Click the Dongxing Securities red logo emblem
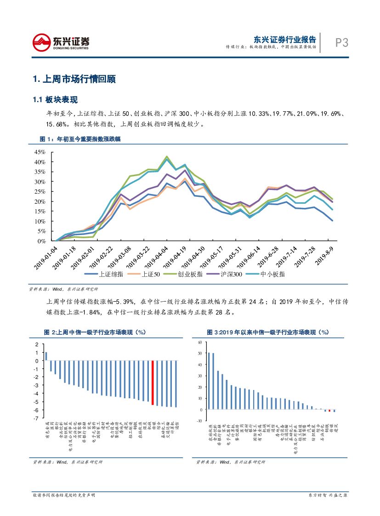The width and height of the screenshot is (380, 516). tap(41, 43)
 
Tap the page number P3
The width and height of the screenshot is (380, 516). tap(341, 43)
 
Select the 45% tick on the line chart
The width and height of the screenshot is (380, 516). tap(40, 152)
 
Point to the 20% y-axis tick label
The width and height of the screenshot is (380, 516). tap(40, 201)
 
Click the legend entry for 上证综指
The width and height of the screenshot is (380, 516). tap(104, 274)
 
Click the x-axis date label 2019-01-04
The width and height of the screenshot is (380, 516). tap(45, 254)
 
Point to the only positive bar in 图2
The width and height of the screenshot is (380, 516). tap(46, 356)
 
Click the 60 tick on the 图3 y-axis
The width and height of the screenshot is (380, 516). tap(200, 342)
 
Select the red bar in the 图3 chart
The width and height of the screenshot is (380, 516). tap(329, 410)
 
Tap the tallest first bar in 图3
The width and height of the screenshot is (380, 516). tap(209, 381)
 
